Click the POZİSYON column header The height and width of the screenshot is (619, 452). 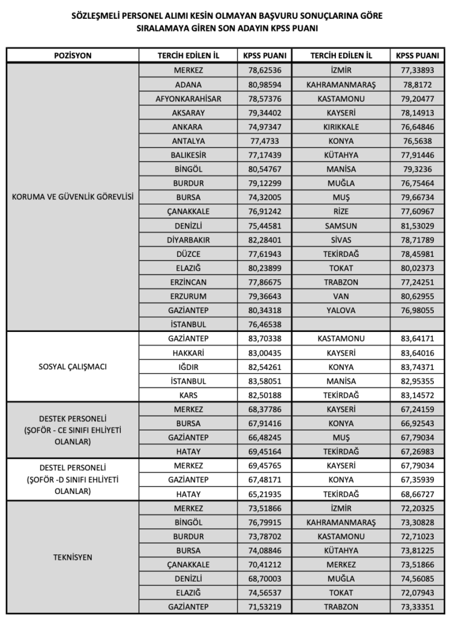[73, 56]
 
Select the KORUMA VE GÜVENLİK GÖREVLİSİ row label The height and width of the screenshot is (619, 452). [73, 196]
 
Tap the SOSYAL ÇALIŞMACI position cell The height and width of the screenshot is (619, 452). [73, 367]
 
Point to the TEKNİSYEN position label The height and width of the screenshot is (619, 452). [73, 557]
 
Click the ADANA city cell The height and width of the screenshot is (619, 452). [188, 85]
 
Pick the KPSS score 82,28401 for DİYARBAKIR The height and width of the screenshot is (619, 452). [263, 239]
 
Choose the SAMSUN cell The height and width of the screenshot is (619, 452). [341, 225]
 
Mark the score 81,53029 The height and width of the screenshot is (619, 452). [417, 225]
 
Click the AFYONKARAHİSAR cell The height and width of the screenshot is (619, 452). [188, 99]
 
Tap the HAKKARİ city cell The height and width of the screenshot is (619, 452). [188, 352]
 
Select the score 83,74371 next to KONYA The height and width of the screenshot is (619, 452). [417, 367]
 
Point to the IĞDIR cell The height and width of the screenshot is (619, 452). [188, 367]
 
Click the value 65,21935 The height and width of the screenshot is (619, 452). [263, 494]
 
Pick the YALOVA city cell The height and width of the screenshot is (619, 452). [341, 310]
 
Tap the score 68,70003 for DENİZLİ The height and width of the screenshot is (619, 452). [263, 578]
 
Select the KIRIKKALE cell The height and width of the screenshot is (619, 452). [341, 127]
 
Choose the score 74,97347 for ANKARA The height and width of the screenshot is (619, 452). [263, 127]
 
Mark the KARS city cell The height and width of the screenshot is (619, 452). [188, 395]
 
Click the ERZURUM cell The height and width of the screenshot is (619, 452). [188, 296]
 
